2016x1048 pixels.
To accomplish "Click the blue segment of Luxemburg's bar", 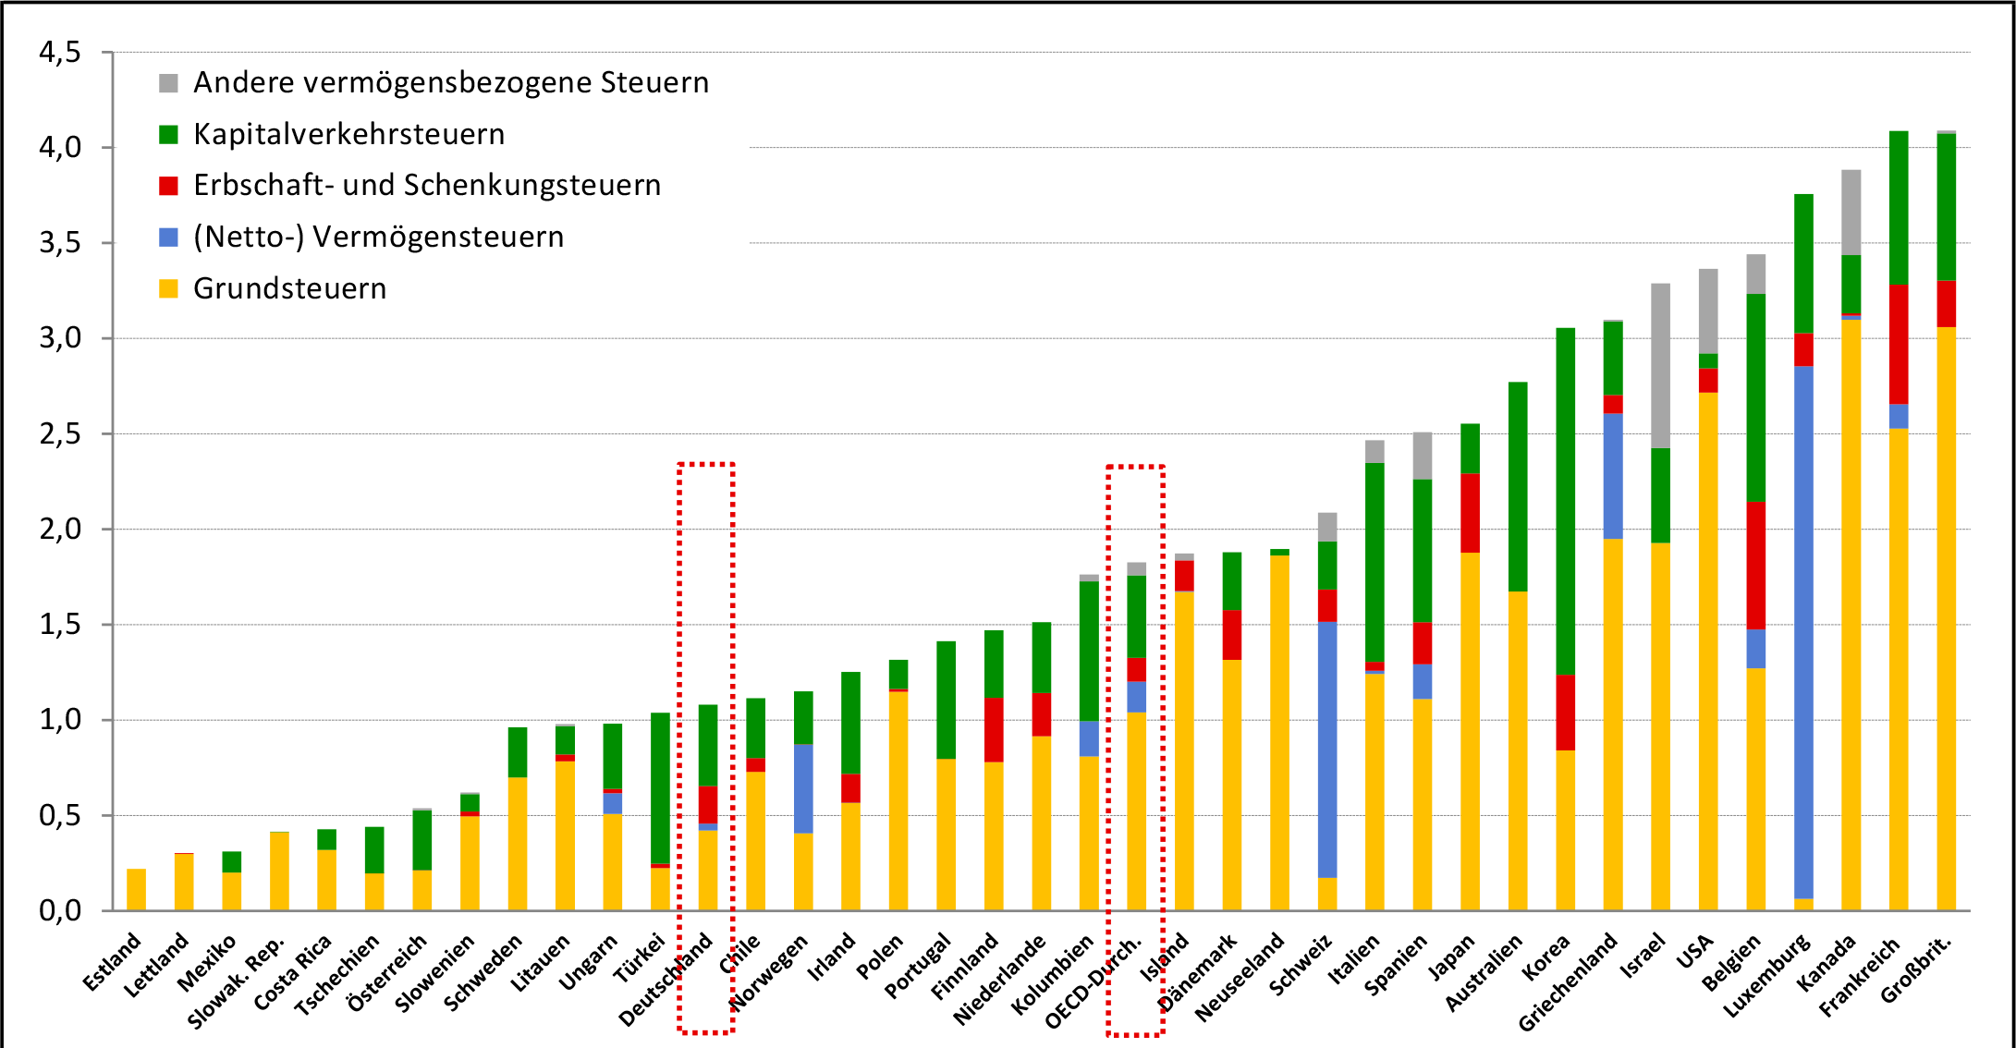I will pos(1803,628).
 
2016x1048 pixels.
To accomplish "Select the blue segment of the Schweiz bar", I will pos(1327,749).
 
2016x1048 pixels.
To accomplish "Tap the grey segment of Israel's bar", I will pos(1660,365).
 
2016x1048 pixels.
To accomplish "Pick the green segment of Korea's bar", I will pos(1565,499).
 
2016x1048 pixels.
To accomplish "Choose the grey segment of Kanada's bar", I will pos(1851,213).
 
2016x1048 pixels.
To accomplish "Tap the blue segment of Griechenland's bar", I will pos(1613,476).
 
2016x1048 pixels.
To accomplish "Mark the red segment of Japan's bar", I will pos(1470,513).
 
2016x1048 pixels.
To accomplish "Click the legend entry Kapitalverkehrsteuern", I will pos(348,135).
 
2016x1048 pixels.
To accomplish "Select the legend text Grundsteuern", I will pos(289,289).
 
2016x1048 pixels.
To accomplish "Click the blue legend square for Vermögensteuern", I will pos(168,238).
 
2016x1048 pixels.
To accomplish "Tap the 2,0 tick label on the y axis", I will pos(60,530).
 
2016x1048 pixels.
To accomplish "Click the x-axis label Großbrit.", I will pos(1918,970).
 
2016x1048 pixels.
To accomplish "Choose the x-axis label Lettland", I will pos(157,966).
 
